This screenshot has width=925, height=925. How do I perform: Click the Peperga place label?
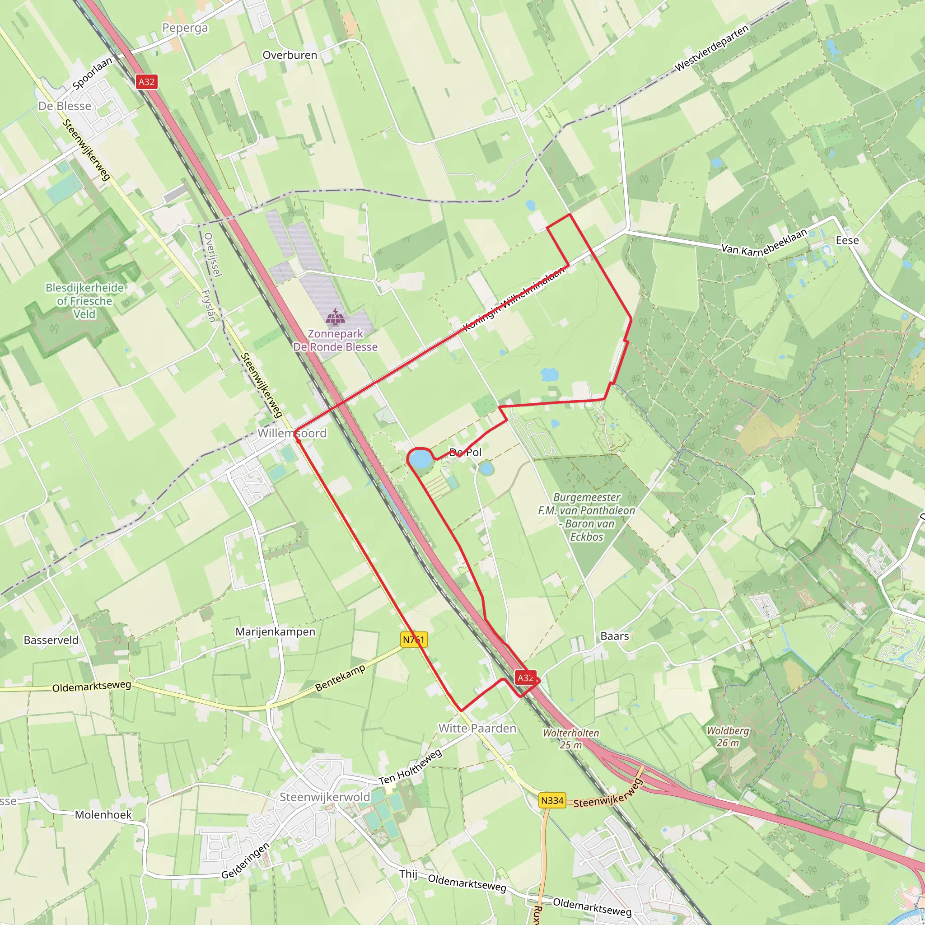(185, 28)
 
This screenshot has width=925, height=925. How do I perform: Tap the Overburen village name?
(290, 55)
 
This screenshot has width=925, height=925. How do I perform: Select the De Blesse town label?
(65, 106)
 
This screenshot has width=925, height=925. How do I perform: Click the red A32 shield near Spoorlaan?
(146, 82)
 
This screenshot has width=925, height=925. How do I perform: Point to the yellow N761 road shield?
(414, 640)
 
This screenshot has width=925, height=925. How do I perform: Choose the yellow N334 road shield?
(552, 800)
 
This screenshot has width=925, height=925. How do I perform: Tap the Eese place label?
(847, 240)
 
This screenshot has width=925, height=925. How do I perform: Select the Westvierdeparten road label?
(711, 49)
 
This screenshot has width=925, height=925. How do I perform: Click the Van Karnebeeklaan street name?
(764, 243)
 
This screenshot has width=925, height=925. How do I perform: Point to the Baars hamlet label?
(614, 636)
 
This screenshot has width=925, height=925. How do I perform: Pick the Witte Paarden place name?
(477, 728)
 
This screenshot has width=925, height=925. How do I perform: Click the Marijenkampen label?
(276, 631)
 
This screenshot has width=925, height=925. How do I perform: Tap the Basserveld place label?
(51, 640)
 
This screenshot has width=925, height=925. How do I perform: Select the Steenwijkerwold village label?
(325, 797)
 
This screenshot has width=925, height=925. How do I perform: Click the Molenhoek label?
(103, 815)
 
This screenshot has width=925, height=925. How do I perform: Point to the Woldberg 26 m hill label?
(728, 737)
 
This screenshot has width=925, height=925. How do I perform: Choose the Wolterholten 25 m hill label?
(571, 739)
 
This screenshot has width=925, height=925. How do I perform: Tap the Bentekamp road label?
(340, 678)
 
